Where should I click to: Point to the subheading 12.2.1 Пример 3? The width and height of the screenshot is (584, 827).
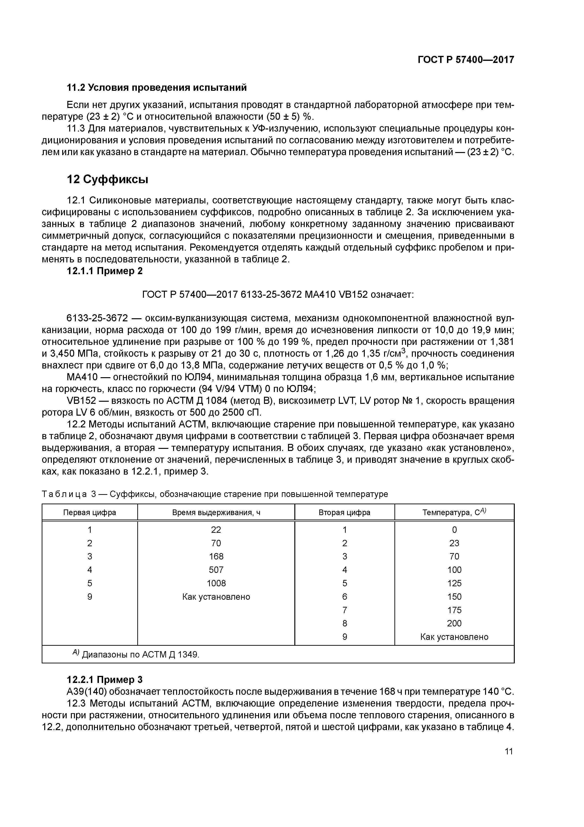point(105,689)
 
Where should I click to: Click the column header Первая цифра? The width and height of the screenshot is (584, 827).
point(89,512)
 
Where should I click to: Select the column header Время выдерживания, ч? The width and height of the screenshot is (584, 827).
point(216,512)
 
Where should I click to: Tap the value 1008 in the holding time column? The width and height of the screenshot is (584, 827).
point(216,583)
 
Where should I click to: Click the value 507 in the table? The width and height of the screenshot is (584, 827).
point(216,570)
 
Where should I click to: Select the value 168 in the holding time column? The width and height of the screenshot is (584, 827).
point(216,557)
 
